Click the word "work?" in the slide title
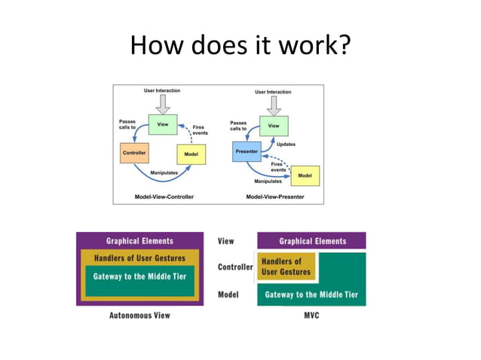click(311, 46)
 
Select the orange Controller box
click(134, 154)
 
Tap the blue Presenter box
click(246, 152)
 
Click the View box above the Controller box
click(162, 125)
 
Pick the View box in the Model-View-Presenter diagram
click(274, 126)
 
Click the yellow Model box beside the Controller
click(191, 154)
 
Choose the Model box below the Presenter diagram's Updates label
click(305, 175)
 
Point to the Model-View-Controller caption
click(164, 197)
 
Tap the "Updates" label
click(286, 144)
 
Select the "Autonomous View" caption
click(140, 315)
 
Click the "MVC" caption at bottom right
click(311, 315)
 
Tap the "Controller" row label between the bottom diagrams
click(235, 267)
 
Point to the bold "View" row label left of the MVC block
click(225, 241)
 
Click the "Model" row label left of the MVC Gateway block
click(228, 294)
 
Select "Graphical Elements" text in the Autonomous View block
click(139, 241)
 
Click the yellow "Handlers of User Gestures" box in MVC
click(286, 267)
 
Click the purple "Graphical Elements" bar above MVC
click(311, 241)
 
